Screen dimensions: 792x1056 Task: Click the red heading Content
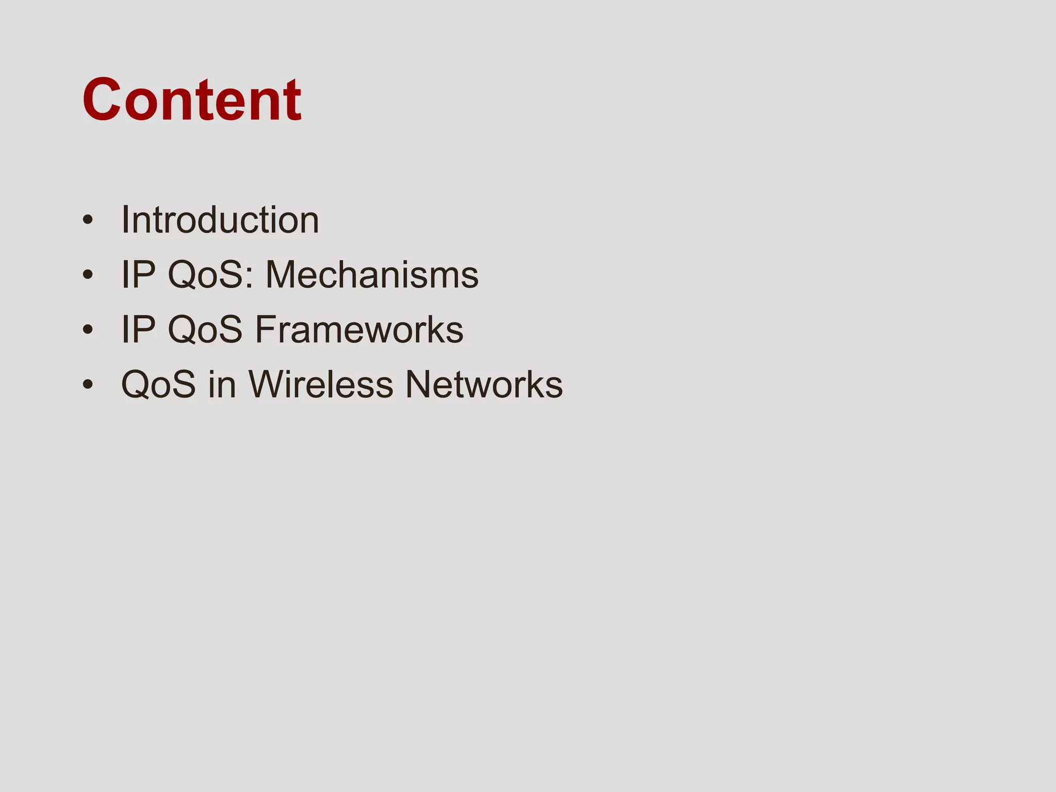tap(192, 100)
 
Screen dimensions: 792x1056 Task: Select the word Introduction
tap(220, 220)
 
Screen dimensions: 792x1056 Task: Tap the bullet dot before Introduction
tap(88, 220)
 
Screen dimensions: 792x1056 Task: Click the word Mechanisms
tap(372, 275)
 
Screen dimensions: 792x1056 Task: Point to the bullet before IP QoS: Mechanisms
tap(88, 275)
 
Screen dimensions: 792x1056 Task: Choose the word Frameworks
tap(359, 329)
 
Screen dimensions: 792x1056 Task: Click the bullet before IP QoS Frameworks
tap(88, 329)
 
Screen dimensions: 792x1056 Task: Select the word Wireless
tap(321, 384)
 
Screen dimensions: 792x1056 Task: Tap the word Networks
tap(484, 384)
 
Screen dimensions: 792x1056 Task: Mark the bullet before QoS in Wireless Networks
tap(88, 384)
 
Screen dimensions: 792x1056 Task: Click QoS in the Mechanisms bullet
tap(205, 275)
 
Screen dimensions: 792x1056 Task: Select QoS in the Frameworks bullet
tap(205, 329)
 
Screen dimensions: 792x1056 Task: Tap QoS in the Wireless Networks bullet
tap(158, 384)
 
